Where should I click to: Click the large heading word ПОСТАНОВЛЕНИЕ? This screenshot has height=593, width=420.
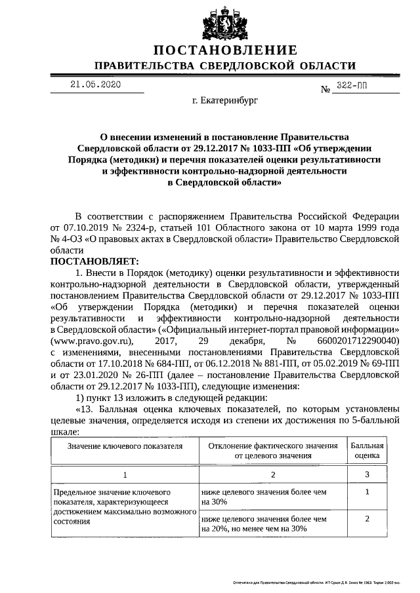(x=225, y=50)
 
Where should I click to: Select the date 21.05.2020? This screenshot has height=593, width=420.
(x=96, y=85)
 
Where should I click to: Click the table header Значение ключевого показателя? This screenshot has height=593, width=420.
(x=124, y=446)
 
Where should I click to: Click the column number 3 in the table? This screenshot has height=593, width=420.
(x=367, y=474)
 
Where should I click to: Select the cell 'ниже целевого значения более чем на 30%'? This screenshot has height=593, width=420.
(x=264, y=496)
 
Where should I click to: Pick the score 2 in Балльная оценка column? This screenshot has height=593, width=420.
(x=367, y=518)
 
